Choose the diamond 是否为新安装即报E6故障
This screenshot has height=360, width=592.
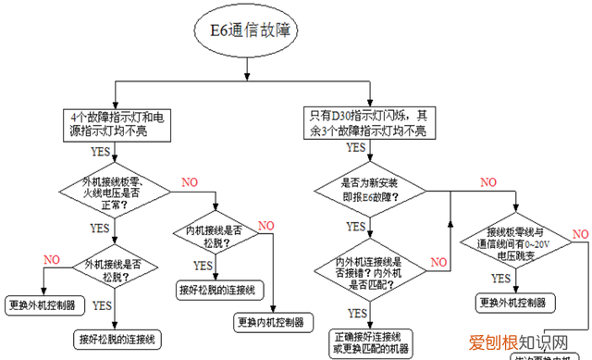[x=368, y=192]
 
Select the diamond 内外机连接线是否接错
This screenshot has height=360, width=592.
[x=367, y=268]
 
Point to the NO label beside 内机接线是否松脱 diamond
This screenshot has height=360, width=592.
[x=266, y=226]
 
